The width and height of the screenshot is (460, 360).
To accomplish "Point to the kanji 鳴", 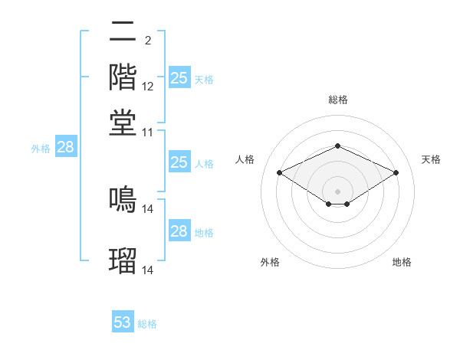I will click(123, 198).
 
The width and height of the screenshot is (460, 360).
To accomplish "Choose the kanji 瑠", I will click(123, 260).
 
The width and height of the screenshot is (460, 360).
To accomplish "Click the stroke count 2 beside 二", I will click(147, 40).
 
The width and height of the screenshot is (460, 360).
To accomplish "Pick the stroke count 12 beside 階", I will click(148, 86).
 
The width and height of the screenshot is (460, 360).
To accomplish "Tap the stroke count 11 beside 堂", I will click(148, 132).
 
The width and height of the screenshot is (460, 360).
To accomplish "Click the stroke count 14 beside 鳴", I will click(148, 208).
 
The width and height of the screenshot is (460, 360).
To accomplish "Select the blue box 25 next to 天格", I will click(179, 77).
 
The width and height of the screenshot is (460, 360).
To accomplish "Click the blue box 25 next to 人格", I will click(179, 162).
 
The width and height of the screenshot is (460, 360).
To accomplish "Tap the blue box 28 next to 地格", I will click(179, 231).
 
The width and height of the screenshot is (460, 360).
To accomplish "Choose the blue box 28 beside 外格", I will click(65, 148).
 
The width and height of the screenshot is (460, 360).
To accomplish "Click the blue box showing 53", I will click(123, 322).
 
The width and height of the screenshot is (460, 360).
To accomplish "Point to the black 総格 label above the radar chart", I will click(337, 100).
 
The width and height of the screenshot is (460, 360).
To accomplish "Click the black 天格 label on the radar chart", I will click(431, 159).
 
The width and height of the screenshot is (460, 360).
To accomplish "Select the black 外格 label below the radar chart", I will click(270, 262).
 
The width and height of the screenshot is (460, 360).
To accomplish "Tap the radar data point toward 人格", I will click(279, 172).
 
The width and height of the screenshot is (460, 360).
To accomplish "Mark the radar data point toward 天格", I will click(396, 172).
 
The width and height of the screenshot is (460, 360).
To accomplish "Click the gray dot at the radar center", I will click(337, 191).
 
